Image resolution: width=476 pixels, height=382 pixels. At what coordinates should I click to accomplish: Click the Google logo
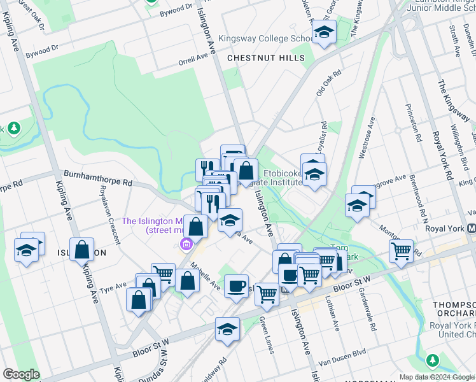[x=21, y=374]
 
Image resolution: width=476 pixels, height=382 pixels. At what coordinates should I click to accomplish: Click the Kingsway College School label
[x=266, y=39]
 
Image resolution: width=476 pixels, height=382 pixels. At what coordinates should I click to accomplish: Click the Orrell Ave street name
[x=193, y=59]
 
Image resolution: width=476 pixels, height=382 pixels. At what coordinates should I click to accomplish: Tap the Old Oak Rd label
[x=329, y=83]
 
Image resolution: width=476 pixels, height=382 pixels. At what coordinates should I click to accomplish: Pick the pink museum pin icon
[x=186, y=244]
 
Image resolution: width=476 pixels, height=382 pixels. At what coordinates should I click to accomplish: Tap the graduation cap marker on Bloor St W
[x=226, y=329]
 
